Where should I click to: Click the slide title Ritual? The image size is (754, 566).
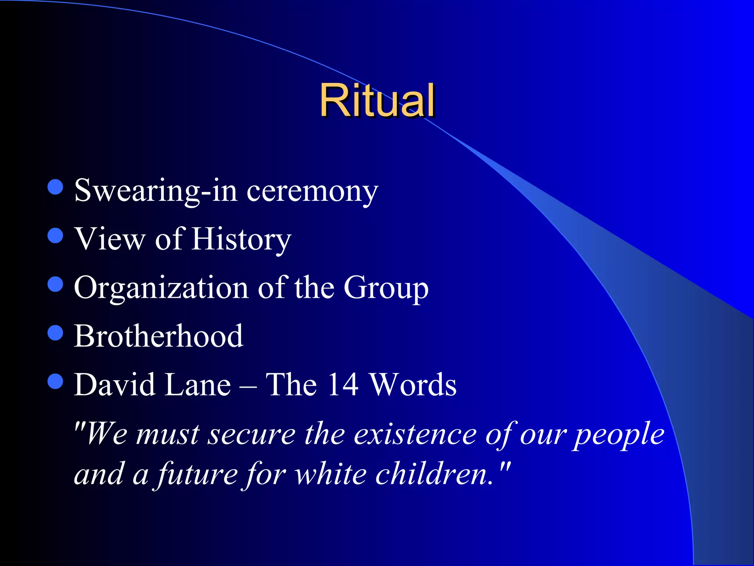click(x=377, y=100)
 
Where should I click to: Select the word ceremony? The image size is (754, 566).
click(x=312, y=192)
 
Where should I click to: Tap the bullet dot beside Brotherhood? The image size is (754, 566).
click(x=56, y=333)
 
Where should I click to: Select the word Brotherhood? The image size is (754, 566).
click(x=158, y=336)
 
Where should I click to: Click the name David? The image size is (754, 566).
click(x=115, y=385)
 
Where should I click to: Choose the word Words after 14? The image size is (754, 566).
click(x=413, y=385)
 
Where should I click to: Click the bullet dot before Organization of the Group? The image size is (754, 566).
click(x=56, y=284)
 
